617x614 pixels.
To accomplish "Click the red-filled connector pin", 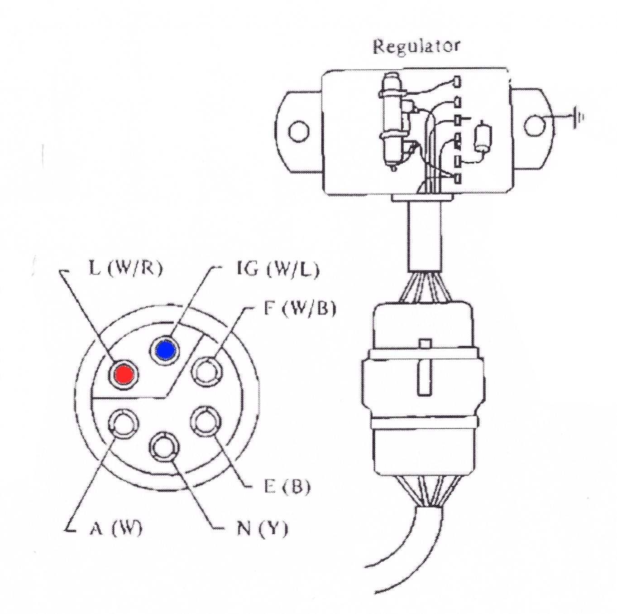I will (124, 374).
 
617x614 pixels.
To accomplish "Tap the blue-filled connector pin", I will (165, 350).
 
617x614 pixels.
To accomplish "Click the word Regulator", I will (416, 47).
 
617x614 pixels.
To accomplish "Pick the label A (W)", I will (115, 528).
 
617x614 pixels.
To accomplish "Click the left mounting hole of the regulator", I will (299, 131).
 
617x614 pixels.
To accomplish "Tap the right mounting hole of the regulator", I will (534, 124).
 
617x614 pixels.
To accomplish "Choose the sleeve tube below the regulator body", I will (422, 236).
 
